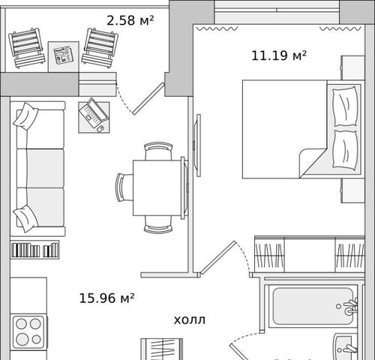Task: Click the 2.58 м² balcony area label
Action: [130, 20]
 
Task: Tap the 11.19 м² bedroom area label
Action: [279, 55]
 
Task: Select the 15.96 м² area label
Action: [106, 298]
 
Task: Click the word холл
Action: [190, 320]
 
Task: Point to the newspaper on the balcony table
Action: [64, 55]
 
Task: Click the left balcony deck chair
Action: [27, 48]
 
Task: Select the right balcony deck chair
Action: [100, 48]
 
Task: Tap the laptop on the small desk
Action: [94, 113]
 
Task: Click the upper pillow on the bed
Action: [345, 106]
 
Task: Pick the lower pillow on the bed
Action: [345, 149]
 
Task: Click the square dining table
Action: [157, 187]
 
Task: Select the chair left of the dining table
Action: [124, 187]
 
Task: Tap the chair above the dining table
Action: [158, 151]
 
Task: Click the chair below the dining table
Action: [158, 225]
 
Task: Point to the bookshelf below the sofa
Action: [34, 250]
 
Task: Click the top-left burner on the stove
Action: [21, 324]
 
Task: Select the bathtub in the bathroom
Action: [313, 306]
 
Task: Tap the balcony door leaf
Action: [148, 99]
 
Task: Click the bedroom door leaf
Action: [218, 256]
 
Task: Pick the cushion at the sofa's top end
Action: [25, 116]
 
